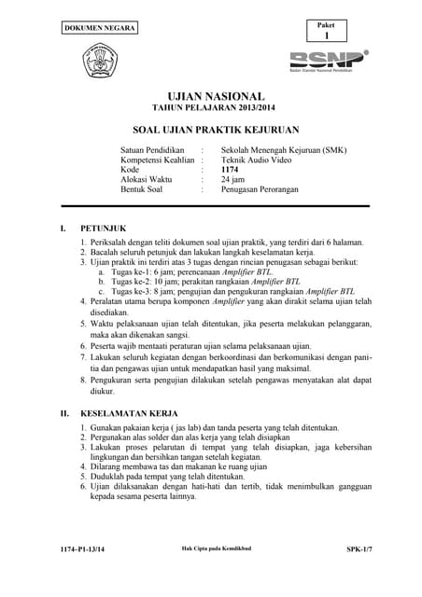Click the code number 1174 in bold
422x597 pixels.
[230, 170]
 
